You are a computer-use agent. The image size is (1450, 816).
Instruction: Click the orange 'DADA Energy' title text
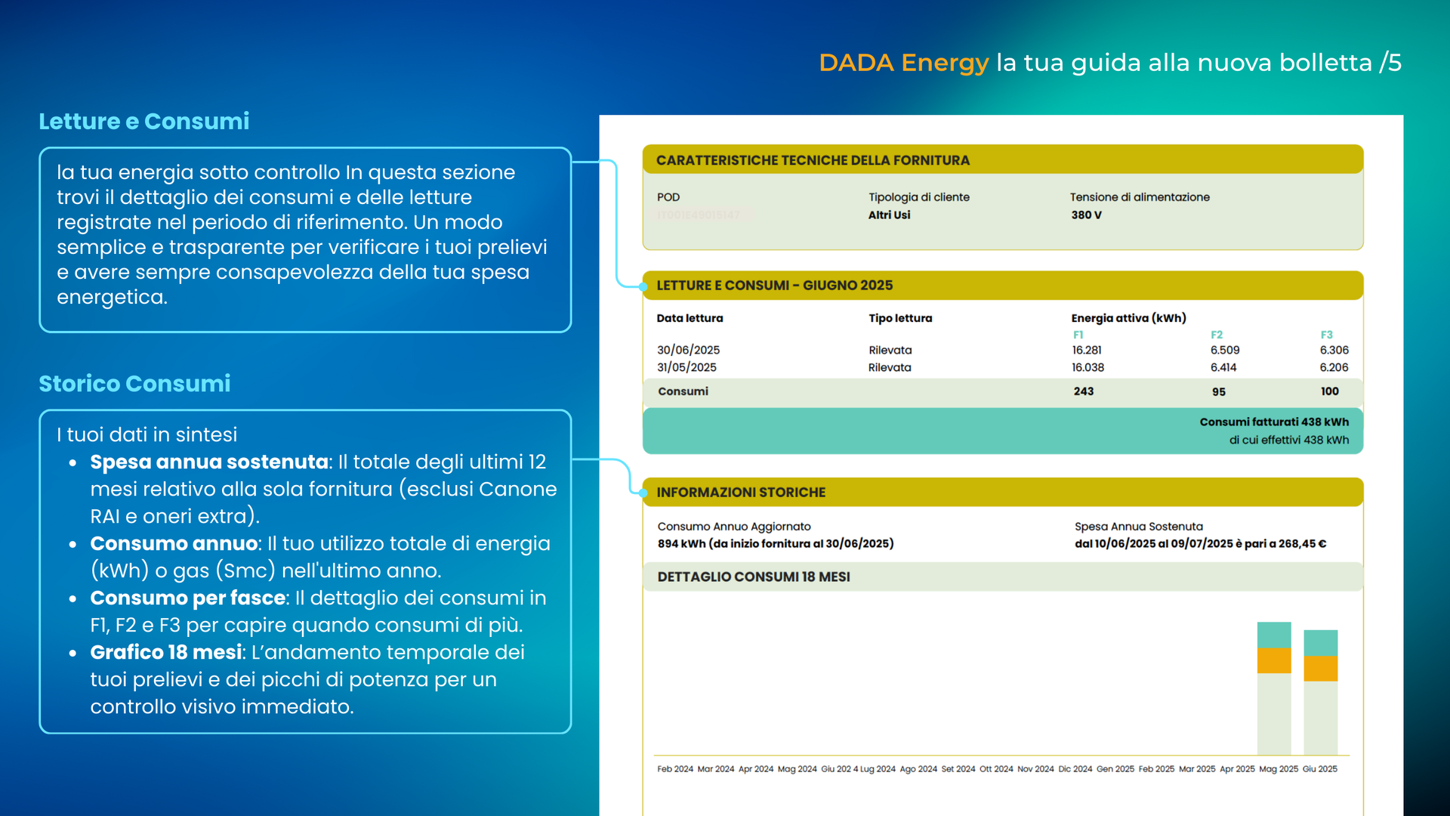coord(903,63)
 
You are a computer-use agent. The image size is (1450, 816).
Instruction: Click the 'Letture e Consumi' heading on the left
coord(143,121)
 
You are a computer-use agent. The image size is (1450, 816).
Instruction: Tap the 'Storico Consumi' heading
coord(134,384)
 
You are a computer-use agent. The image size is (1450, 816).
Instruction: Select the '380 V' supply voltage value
coord(1086,215)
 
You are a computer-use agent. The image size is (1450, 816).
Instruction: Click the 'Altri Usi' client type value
coord(889,215)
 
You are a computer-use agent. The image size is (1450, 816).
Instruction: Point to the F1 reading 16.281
coord(1087,350)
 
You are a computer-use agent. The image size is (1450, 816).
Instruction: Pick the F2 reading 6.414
coord(1223,367)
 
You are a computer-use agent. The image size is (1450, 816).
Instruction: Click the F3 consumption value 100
coord(1329,391)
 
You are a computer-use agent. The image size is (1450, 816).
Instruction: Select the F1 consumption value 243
coord(1083,391)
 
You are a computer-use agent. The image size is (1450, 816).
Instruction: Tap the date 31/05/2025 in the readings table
coord(686,367)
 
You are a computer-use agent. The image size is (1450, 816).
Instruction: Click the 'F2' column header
coord(1216,335)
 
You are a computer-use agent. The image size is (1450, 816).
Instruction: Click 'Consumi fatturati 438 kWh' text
coord(1273,422)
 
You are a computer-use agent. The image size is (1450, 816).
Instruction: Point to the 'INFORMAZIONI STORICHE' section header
coord(740,493)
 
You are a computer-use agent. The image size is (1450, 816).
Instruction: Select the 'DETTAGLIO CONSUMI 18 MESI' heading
coord(753,577)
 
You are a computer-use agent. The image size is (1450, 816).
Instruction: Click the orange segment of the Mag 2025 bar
coord(1273,661)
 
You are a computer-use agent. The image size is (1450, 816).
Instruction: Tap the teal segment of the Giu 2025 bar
coord(1320,643)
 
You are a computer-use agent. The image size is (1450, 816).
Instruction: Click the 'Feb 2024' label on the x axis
coord(674,769)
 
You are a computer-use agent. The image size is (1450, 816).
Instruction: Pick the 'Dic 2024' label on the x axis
coord(1075,769)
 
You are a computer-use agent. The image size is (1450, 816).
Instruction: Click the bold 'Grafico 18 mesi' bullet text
coord(165,652)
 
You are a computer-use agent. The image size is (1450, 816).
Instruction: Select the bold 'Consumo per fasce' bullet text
coord(187,598)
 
